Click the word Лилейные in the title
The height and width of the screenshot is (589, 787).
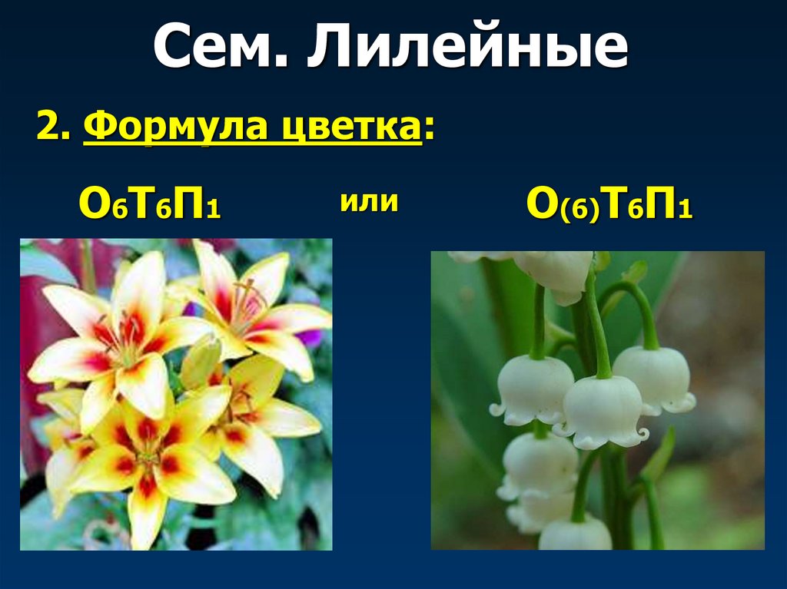tap(469, 48)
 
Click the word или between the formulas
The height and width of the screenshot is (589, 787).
tap(368, 202)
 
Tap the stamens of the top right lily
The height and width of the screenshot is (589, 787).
tap(246, 299)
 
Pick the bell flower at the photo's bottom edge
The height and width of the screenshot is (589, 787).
tap(575, 534)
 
